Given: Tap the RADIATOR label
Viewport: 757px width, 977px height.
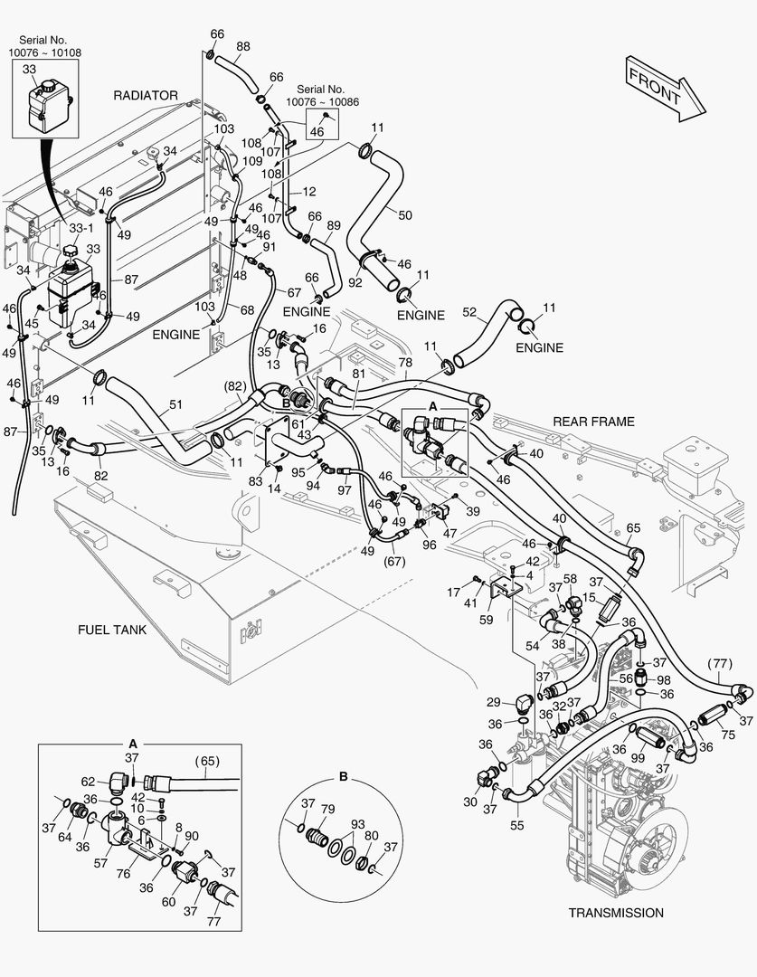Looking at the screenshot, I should click(146, 95).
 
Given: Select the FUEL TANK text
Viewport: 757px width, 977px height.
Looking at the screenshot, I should click(111, 630).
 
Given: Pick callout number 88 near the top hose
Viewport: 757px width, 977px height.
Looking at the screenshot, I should click(243, 46).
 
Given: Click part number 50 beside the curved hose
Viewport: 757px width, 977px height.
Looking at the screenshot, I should click(405, 214).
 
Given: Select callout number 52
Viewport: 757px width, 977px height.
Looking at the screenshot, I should click(468, 312).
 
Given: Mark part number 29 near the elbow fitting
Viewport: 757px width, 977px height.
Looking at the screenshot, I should click(494, 702).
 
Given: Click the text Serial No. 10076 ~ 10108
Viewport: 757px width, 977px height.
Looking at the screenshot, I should click(44, 47).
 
